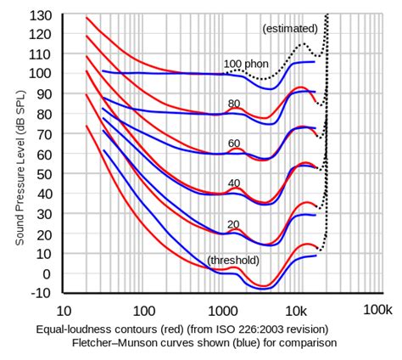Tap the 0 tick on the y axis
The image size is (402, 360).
46,274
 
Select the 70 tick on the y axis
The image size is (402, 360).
42,134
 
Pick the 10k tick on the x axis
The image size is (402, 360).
297,311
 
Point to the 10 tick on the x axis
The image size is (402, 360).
64,311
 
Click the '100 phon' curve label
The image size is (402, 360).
246,64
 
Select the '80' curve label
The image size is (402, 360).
235,104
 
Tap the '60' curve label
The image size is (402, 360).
235,143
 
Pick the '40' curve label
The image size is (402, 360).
235,183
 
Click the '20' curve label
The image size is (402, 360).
235,224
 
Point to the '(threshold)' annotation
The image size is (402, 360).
233,260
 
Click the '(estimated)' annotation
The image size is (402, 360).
290,29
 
